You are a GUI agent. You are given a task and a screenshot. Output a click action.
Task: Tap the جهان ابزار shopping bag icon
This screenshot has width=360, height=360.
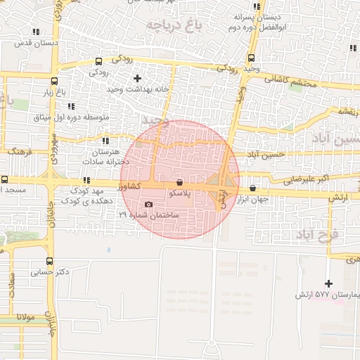coord(252,188)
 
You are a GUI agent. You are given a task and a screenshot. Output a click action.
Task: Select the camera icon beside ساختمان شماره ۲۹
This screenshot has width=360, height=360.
coord(148,205)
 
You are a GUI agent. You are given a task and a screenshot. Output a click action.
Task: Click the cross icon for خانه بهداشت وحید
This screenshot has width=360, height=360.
coord(137,78)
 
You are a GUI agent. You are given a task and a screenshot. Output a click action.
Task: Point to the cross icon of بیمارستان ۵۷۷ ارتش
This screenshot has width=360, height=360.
coord(328,283)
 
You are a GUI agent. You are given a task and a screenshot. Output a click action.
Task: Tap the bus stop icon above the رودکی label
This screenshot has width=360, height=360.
coord(98,61)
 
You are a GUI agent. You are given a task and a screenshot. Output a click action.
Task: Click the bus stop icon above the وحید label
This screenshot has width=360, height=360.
coord(252,58)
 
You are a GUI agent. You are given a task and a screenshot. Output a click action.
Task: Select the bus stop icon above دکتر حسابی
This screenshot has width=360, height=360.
coord(39,260)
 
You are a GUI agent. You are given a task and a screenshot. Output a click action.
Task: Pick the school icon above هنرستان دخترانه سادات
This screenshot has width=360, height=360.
coord(87,141)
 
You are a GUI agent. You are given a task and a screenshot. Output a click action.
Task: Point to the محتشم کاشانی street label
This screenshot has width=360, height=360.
coord(291,81)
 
